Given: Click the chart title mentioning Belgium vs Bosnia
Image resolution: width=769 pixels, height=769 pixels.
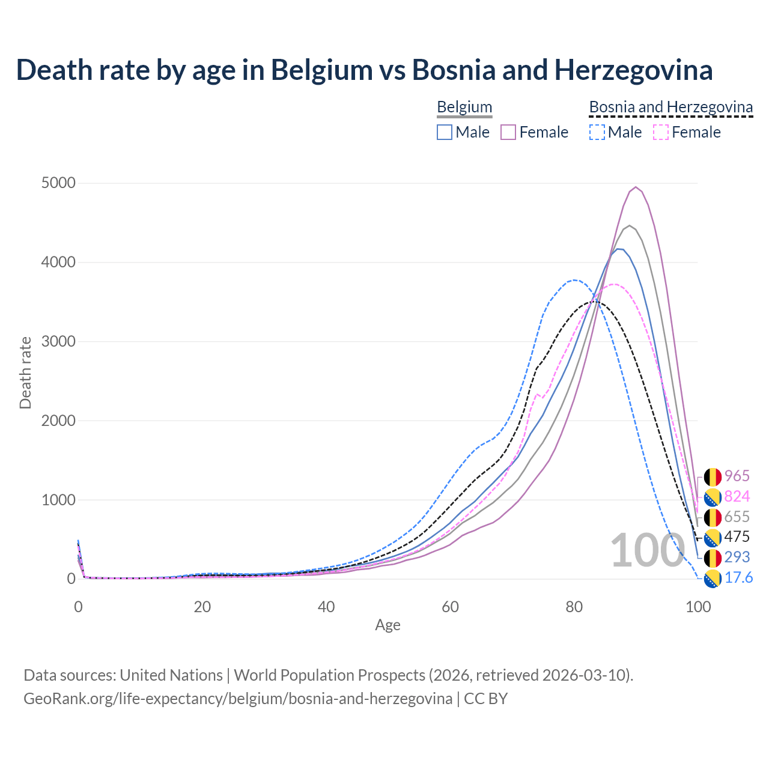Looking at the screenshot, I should [364, 70].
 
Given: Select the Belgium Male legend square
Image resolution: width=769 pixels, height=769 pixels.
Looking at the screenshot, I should [445, 132].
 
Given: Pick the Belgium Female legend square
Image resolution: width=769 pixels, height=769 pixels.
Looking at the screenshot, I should [508, 132].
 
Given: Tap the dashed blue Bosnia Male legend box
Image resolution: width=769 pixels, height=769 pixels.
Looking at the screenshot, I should [597, 132].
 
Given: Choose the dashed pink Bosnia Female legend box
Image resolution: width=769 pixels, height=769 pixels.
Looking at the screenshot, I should [661, 132].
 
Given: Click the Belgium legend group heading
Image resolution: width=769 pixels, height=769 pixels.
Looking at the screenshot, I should [464, 107].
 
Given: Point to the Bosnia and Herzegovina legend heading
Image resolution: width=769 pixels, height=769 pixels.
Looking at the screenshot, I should [670, 107].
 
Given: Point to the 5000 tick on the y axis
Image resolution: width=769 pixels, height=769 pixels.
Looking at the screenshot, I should [58, 183].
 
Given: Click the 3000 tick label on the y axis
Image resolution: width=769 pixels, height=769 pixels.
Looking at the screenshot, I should [58, 341].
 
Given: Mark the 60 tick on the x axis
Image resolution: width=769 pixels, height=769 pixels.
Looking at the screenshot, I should [450, 607].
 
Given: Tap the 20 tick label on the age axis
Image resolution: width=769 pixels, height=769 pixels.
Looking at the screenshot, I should [202, 607].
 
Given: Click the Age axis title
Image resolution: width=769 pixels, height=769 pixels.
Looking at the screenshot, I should [388, 625].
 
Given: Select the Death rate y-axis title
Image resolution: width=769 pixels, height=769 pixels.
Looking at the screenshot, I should [25, 373].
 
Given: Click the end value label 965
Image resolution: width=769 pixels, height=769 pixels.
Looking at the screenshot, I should [737, 476].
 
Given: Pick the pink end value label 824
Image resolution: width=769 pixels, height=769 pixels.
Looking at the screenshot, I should [737, 496].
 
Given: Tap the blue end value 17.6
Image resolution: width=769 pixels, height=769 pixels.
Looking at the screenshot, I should [738, 578].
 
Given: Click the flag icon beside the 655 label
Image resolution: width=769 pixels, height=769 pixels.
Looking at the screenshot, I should [713, 517].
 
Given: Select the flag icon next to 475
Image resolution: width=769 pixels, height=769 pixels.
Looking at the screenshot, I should [713, 538].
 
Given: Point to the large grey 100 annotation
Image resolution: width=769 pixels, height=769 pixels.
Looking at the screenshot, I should [647, 550].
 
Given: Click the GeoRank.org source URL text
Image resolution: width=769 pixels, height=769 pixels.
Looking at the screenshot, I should [238, 699].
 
